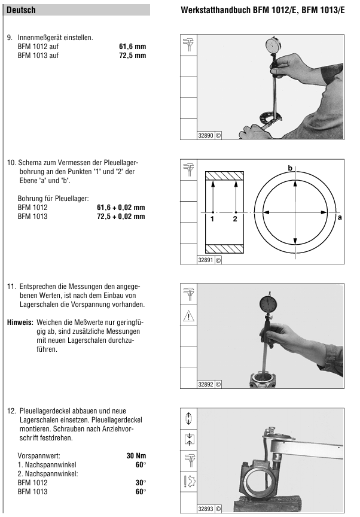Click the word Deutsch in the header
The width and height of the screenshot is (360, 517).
[x=21, y=10]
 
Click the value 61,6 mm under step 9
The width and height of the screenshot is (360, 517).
[x=133, y=46]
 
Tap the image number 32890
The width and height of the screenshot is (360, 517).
[x=206, y=136]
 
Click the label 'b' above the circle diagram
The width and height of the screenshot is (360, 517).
[x=290, y=168]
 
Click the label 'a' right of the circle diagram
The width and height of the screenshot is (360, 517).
[x=340, y=218]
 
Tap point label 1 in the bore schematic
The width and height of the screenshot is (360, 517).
[x=212, y=219]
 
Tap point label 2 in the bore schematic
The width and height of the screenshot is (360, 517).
[x=235, y=219]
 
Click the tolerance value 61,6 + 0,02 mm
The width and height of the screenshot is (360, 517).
[x=121, y=208]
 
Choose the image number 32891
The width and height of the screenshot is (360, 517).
[x=206, y=260]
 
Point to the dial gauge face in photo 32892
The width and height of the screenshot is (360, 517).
[x=267, y=302]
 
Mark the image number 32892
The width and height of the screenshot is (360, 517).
[x=206, y=385]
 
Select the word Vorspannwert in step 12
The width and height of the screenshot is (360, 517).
[x=35, y=456]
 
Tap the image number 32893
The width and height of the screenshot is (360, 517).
[x=206, y=509]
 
